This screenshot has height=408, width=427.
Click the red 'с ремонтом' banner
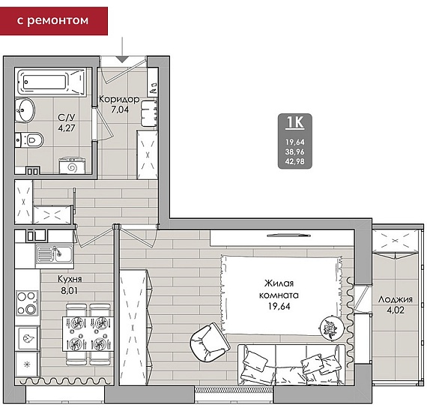tap(54, 21)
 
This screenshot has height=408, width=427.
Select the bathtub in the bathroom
tap(52, 82)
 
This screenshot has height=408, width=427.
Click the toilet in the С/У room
tap(29, 140)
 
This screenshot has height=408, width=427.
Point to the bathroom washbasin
tap(25, 110)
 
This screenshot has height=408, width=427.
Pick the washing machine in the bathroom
tap(72, 165)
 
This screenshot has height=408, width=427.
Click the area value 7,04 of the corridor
tap(120, 109)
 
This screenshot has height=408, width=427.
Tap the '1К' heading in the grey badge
tap(295, 122)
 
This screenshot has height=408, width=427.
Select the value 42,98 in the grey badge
tap(295, 161)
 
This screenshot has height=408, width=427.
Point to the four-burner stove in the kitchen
tap(27, 303)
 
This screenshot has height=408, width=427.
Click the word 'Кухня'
tap(70, 279)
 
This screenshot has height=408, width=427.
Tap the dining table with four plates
tap(88, 334)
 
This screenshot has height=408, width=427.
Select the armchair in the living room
tap(210, 342)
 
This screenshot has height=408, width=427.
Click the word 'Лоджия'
tap(395, 299)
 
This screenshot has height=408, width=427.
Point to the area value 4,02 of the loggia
tap(396, 310)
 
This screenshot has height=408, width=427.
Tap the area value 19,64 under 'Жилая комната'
tap(279, 306)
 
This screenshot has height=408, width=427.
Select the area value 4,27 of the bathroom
tap(67, 128)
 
